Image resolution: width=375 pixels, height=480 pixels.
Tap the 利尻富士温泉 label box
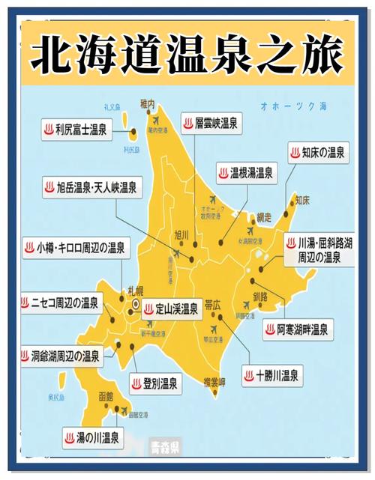[75, 130]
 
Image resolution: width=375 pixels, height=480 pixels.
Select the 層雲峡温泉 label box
[211, 123]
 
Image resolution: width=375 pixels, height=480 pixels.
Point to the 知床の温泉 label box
[318, 154]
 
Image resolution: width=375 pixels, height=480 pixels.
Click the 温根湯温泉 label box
[244, 174]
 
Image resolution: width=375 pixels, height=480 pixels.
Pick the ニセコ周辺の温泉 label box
[60, 303]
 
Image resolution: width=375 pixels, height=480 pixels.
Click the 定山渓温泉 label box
[171, 308]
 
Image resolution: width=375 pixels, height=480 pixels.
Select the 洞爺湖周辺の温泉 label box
[61, 355]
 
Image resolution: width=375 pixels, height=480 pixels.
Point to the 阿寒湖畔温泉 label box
[298, 329]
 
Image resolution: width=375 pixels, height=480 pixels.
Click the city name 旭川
[182, 234]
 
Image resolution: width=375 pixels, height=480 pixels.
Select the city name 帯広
[212, 306]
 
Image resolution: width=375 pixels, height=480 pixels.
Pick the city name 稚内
[147, 104]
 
